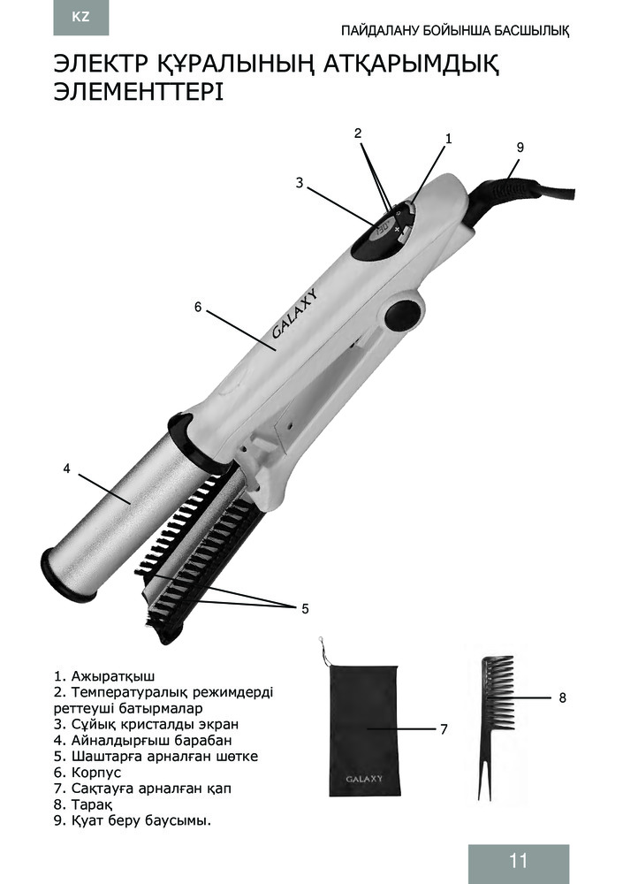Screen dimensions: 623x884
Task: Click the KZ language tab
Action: tap(80, 17)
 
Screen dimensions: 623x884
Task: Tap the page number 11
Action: tap(518, 861)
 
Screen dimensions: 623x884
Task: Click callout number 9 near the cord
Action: tap(520, 147)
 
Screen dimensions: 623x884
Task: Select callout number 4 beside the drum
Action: tap(66, 468)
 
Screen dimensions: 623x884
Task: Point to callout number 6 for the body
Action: tap(197, 307)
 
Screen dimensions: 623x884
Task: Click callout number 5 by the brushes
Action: tap(305, 609)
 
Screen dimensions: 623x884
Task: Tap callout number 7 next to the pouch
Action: tap(444, 729)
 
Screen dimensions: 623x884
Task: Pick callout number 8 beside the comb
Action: tap(562, 698)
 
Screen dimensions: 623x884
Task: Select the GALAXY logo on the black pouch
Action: tap(364, 779)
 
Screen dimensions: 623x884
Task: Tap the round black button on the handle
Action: tap(404, 313)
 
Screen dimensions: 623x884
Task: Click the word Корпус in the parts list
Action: tap(95, 773)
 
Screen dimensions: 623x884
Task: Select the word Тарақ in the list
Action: tap(92, 804)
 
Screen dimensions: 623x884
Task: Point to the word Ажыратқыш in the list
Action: tap(113, 676)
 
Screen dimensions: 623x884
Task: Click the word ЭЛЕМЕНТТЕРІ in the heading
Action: tap(138, 93)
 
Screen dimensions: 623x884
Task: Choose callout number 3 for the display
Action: tap(300, 183)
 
